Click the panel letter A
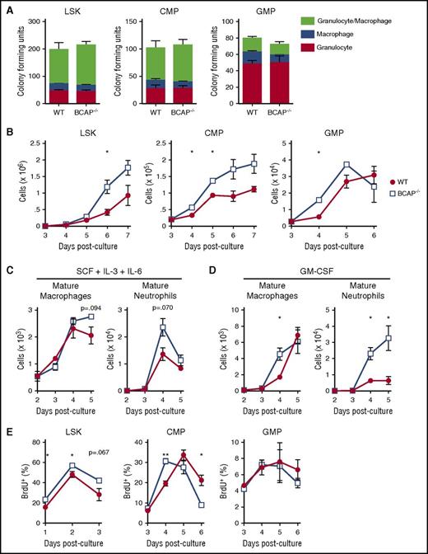click(7, 7)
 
